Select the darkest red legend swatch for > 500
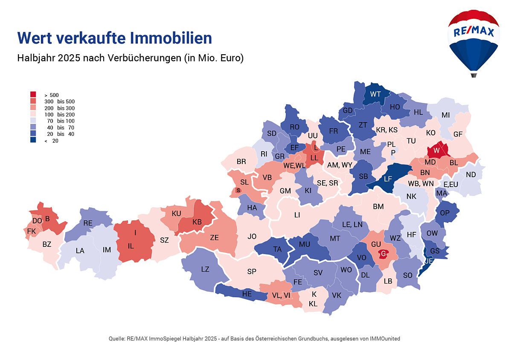point(33,95)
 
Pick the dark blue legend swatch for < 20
point(33,140)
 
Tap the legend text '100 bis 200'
point(59,114)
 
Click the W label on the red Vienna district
point(436,150)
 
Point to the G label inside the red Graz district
point(384,255)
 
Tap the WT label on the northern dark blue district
point(375,94)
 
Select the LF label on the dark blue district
point(387,179)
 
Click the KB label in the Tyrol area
point(197,222)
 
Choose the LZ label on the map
point(205,269)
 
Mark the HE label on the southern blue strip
point(247,294)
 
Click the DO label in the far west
point(37,220)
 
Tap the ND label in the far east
point(471,175)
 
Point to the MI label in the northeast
point(445,115)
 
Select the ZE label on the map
point(215,238)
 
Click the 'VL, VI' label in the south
point(281,295)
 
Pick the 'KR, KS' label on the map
point(387,130)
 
